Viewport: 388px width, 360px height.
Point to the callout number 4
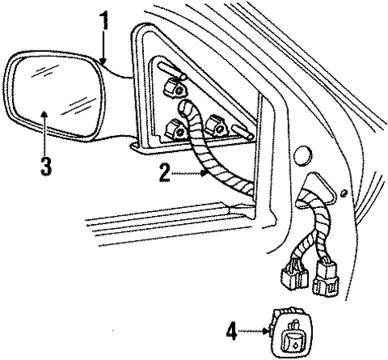[x=233, y=327]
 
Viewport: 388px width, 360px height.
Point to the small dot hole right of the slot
[x=343, y=193]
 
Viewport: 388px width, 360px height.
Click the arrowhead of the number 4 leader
[x=267, y=327]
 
